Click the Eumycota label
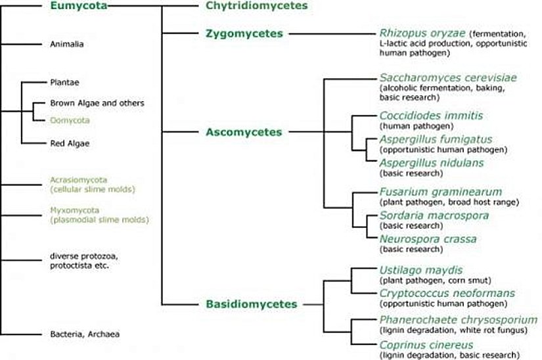pyautogui.click(x=77, y=7)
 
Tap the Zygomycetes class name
pyautogui.click(x=244, y=34)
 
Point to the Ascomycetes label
pyautogui.click(x=244, y=132)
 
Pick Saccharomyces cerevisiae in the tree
pyautogui.click(x=448, y=78)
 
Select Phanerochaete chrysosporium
pyautogui.click(x=458, y=320)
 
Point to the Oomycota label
pyautogui.click(x=69, y=120)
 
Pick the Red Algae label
pyautogui.click(x=69, y=143)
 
